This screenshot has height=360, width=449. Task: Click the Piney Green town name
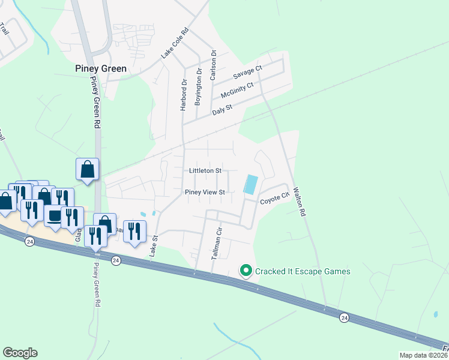(101, 69)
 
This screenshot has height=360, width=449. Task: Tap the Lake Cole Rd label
(175, 43)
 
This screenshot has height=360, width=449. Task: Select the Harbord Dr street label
(184, 95)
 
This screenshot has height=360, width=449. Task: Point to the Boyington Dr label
(199, 91)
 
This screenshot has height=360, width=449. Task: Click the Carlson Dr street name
(213, 65)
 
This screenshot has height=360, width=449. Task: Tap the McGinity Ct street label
(237, 91)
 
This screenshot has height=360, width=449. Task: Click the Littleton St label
(205, 171)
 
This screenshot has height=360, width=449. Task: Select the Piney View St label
(205, 193)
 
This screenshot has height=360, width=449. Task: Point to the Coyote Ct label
(275, 197)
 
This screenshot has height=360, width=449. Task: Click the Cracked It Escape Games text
(303, 271)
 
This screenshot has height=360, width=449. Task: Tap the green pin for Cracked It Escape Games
(246, 271)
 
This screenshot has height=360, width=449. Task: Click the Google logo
(20, 353)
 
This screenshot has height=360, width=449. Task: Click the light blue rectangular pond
(251, 184)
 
